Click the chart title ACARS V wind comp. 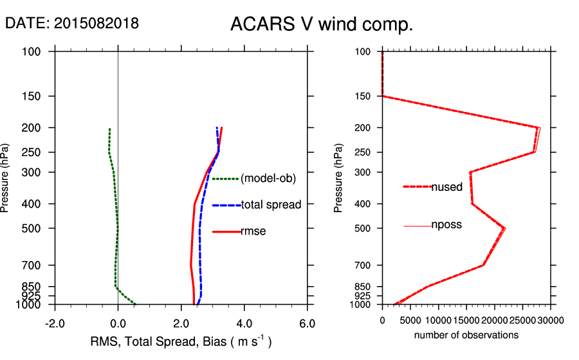coord(322,25)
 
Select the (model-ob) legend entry coord(268,179)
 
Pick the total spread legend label coord(271,205)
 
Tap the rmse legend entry coord(253,231)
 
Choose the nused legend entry coord(446,187)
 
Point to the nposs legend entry coord(446,225)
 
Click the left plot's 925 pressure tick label coord(33,296)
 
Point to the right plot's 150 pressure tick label coord(363,96)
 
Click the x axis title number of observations coord(466,336)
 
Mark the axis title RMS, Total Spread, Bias coord(181,342)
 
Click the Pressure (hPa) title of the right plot coord(338,179)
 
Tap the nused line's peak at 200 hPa coord(538,127)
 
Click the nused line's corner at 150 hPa coord(383,96)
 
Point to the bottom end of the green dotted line coord(135,303)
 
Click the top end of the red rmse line coord(222,128)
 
